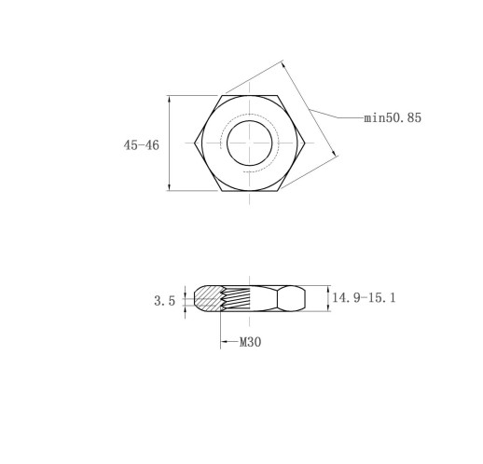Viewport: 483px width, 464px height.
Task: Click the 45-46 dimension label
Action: (x=142, y=145)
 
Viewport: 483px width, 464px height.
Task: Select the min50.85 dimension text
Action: (x=393, y=117)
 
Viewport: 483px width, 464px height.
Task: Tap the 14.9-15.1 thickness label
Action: (x=364, y=298)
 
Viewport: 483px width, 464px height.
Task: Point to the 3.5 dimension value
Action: (x=165, y=301)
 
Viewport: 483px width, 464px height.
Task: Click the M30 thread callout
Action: (x=250, y=342)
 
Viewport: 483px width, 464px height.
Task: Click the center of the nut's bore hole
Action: (x=250, y=143)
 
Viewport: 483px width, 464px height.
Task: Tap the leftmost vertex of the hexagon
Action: (x=195, y=143)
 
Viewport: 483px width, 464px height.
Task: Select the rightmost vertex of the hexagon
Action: (x=305, y=143)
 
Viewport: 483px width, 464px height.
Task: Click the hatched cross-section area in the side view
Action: (x=208, y=299)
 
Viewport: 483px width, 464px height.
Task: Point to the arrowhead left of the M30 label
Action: (x=224, y=342)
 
